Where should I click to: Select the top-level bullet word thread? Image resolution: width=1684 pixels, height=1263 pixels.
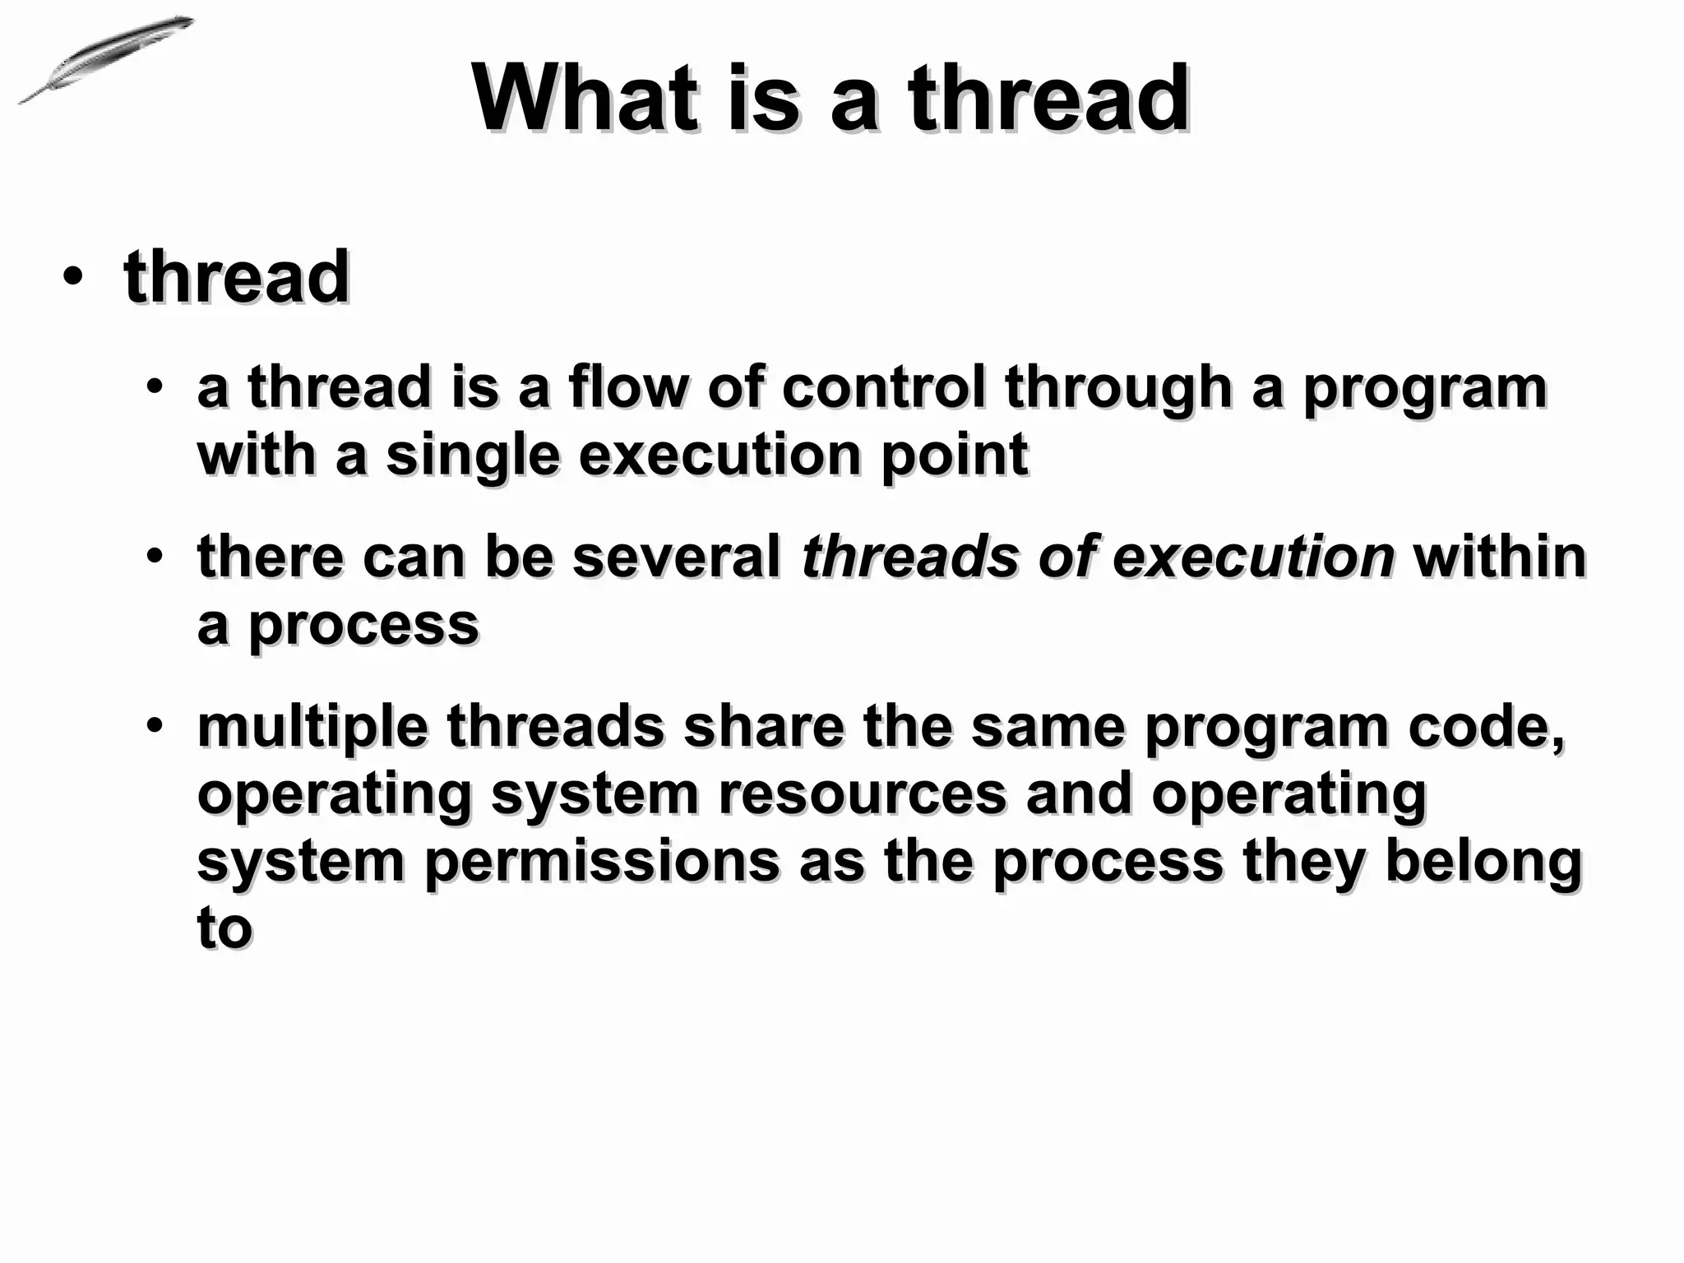tap(237, 277)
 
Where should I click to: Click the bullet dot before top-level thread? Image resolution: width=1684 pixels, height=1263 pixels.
tap(72, 277)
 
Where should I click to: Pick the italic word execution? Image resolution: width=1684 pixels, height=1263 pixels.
tap(1253, 557)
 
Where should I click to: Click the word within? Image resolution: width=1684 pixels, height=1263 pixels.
tap(1499, 557)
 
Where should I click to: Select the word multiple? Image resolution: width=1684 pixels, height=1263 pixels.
tap(312, 728)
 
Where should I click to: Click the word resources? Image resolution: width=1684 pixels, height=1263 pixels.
tap(862, 795)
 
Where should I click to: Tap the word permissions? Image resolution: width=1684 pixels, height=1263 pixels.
tap(603, 862)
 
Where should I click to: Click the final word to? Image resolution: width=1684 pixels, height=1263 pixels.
tap(224, 929)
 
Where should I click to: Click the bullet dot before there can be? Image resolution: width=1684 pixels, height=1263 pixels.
tap(155, 556)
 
